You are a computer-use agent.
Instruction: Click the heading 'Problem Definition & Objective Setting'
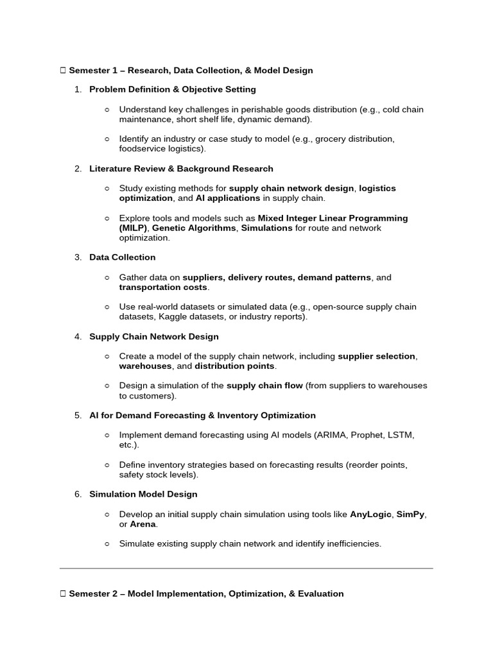pyautogui.click(x=172, y=89)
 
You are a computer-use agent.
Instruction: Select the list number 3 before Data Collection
pyautogui.click(x=77, y=257)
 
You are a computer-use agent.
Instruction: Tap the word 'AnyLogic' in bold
pyautogui.click(x=370, y=515)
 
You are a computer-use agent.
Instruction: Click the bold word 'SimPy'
pyautogui.click(x=411, y=515)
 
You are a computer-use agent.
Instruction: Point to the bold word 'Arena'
pyautogui.click(x=143, y=524)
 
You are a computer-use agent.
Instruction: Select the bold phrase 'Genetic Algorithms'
pyautogui.click(x=194, y=228)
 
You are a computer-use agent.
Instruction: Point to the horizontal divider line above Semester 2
pyautogui.click(x=246, y=568)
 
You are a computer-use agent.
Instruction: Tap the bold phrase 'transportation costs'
pyautogui.click(x=164, y=287)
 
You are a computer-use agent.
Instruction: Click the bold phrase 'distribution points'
pyautogui.click(x=235, y=366)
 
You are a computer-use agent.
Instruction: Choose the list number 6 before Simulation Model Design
pyautogui.click(x=77, y=494)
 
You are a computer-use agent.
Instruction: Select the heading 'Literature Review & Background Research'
pyautogui.click(x=181, y=168)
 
